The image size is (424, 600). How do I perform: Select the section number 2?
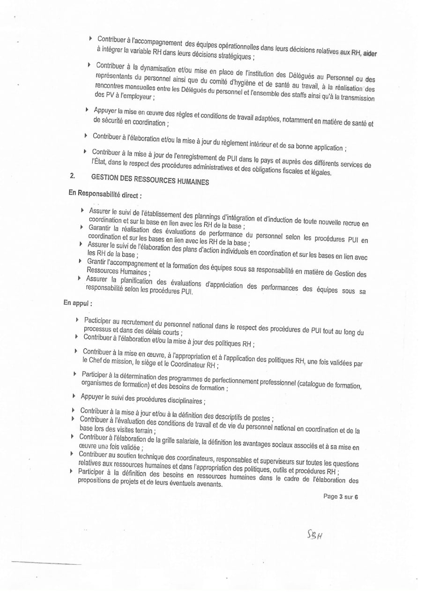click(x=73, y=176)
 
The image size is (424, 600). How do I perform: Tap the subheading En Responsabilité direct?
click(x=105, y=194)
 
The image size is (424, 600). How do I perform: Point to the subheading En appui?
click(x=78, y=303)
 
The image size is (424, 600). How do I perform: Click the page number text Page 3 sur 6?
click(x=341, y=497)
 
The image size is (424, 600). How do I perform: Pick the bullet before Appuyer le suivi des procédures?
click(x=74, y=396)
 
